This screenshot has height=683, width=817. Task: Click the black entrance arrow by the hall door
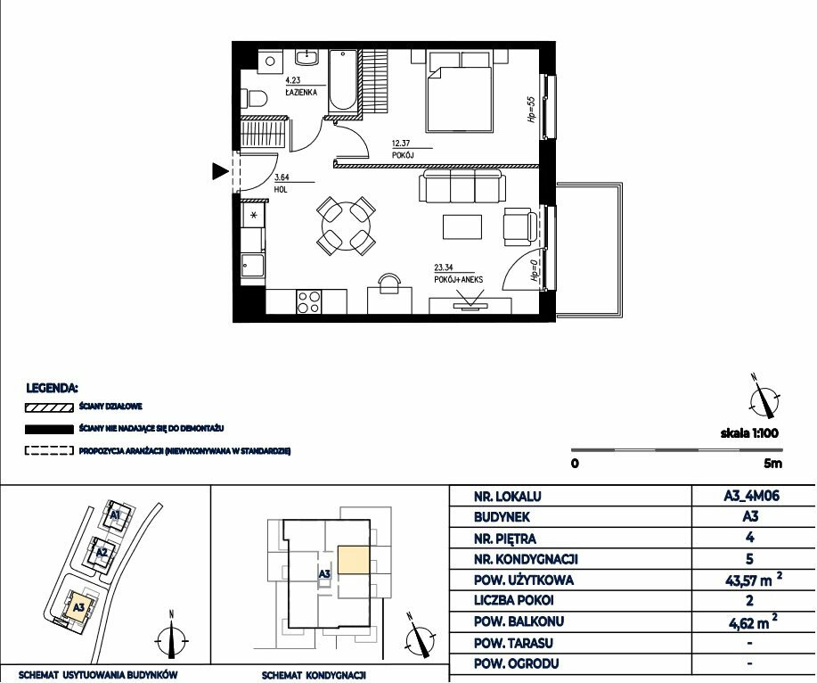(220, 171)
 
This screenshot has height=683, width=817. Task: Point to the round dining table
(346, 226)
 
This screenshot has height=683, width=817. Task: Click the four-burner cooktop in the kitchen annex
(308, 301)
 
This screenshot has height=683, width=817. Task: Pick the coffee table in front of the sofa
(462, 226)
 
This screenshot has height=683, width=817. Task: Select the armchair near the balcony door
(519, 226)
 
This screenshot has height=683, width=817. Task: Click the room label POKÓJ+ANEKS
(459, 279)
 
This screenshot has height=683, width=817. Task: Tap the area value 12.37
(401, 143)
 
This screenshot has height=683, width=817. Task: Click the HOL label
(281, 190)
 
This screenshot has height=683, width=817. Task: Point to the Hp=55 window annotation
(532, 110)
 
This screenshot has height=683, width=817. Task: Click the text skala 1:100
(749, 432)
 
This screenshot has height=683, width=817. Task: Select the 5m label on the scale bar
(772, 463)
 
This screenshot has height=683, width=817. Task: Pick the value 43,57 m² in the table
(752, 580)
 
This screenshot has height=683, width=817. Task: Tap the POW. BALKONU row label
(519, 621)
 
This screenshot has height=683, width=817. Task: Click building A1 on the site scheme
(116, 515)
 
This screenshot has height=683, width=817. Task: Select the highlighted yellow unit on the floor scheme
(355, 560)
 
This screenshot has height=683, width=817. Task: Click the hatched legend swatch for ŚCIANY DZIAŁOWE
(49, 407)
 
